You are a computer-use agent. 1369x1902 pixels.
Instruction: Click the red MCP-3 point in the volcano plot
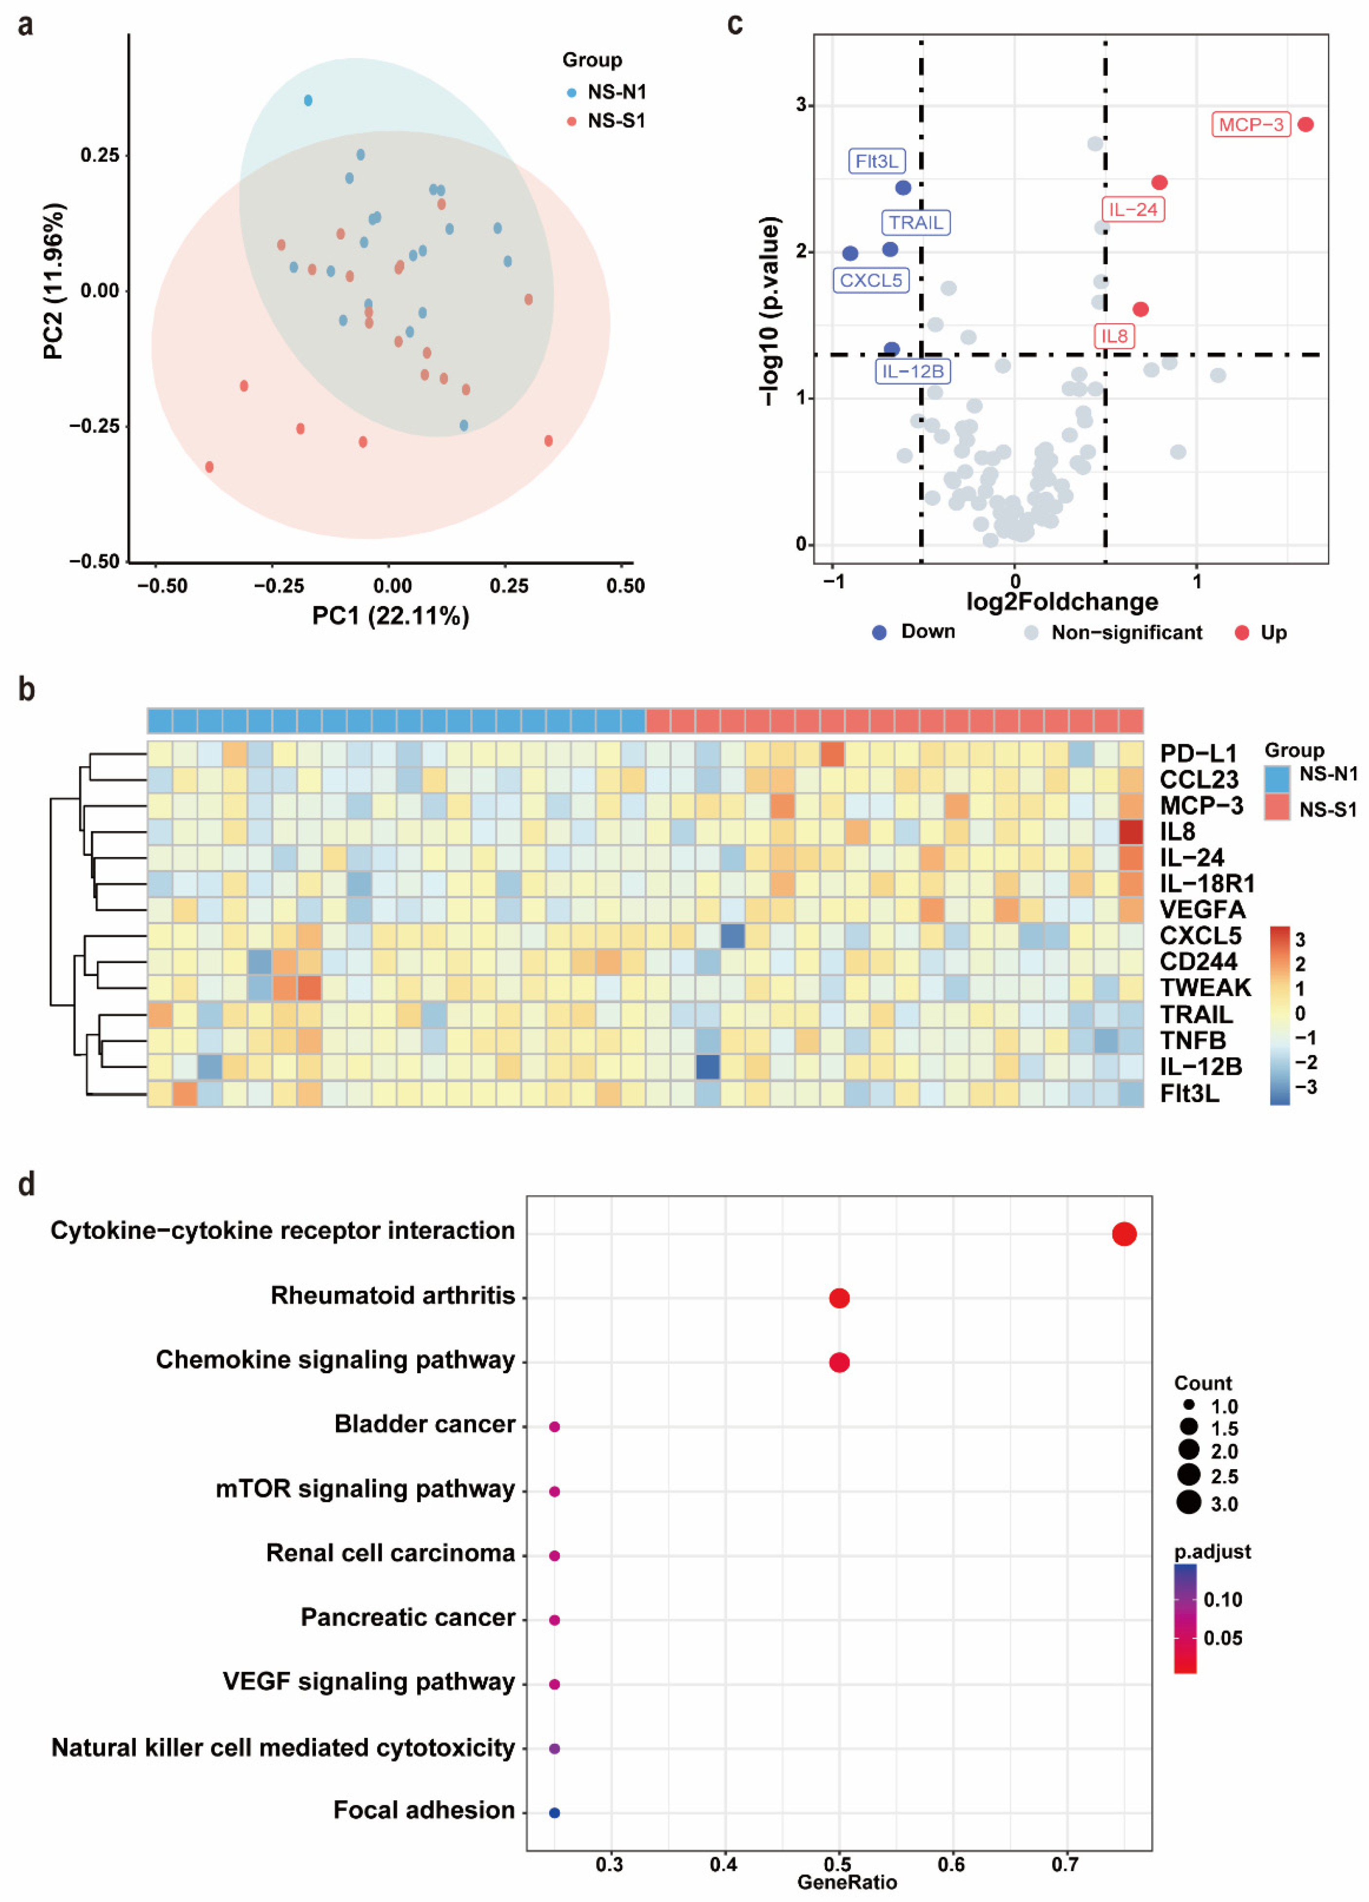1305,124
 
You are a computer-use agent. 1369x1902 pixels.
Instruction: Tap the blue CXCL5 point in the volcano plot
850,253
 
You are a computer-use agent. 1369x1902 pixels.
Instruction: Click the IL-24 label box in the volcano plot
1132,210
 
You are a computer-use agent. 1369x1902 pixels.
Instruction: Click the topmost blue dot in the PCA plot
308,101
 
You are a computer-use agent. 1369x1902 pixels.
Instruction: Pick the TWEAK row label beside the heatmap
1204,987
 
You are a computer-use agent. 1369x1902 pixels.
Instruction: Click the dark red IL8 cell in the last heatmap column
1131,832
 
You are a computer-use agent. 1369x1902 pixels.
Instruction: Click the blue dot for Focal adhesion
554,1812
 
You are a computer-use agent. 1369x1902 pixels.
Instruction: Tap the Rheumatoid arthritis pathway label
392,1296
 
